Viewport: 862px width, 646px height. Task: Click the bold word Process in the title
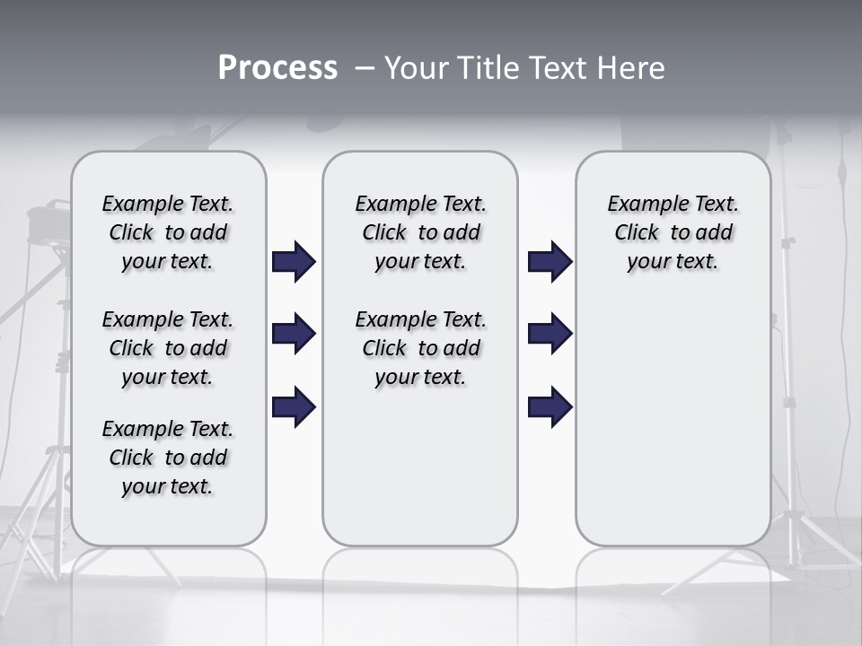(277, 68)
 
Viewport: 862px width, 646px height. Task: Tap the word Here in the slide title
(632, 68)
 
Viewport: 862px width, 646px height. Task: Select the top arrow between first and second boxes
(294, 262)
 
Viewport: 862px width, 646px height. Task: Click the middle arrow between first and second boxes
(294, 335)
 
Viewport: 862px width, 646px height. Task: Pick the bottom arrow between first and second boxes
(294, 407)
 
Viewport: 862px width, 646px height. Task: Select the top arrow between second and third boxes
(550, 262)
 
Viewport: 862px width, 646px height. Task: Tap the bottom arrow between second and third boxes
(550, 407)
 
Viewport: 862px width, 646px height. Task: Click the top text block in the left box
(168, 232)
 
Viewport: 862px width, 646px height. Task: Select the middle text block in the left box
(168, 348)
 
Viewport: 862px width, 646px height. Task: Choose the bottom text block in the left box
(168, 458)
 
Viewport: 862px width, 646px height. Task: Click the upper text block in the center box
(420, 232)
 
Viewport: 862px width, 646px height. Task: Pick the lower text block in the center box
(420, 348)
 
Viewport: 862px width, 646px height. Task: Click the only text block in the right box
(673, 232)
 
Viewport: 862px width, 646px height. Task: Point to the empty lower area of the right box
(673, 422)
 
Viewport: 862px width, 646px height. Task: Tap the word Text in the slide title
(559, 68)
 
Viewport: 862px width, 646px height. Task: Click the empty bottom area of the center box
(420, 476)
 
